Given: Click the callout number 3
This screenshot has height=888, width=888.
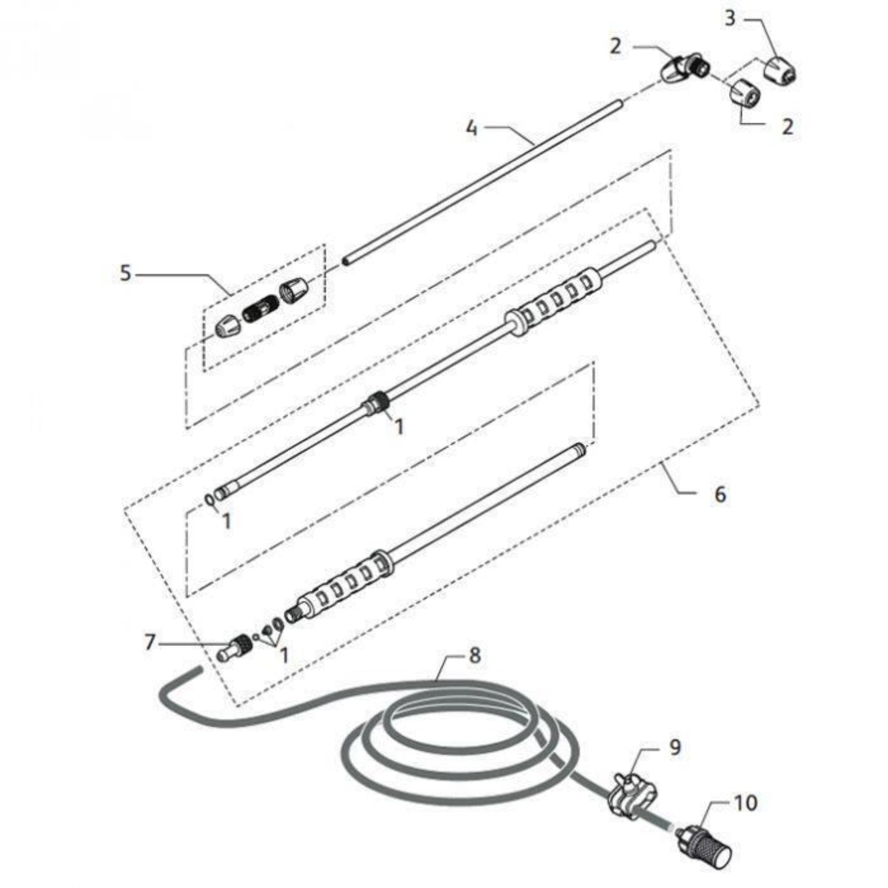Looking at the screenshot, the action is click(x=730, y=19).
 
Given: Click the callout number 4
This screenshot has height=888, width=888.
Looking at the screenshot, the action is click(x=471, y=128).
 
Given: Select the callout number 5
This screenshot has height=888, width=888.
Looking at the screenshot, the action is click(x=126, y=273).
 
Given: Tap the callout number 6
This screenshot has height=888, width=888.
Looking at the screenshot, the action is click(x=720, y=495).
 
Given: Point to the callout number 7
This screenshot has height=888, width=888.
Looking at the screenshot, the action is click(x=149, y=642).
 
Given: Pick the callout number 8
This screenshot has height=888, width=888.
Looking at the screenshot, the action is click(x=474, y=655).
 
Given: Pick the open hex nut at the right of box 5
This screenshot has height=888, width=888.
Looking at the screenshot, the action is click(x=294, y=292).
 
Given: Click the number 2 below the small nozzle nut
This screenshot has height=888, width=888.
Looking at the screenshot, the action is click(x=788, y=126).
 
